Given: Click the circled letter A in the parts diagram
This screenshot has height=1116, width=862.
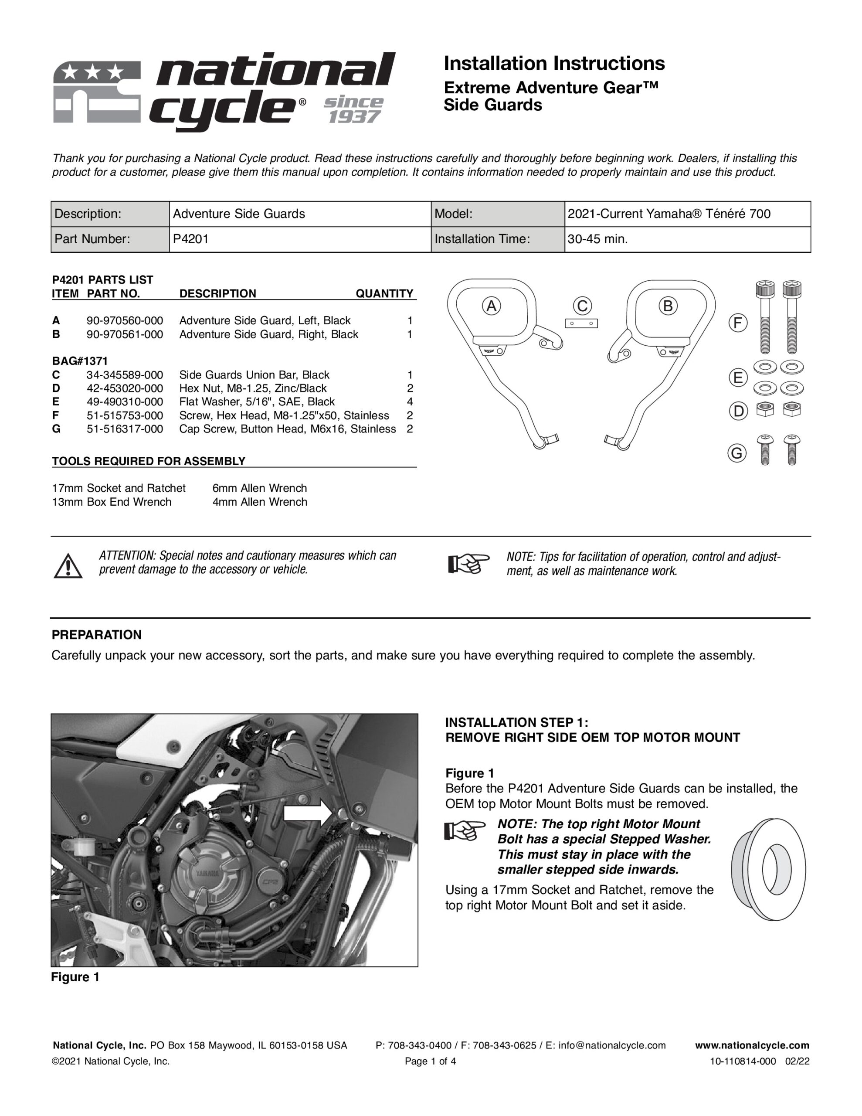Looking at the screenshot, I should [x=491, y=306].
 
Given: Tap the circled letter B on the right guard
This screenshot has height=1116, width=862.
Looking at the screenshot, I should [x=667, y=306].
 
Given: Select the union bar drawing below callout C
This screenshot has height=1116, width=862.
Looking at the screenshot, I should [x=581, y=323].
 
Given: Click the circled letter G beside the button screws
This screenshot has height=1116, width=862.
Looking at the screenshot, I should [x=737, y=453].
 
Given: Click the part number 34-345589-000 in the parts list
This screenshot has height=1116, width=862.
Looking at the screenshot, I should [x=125, y=374].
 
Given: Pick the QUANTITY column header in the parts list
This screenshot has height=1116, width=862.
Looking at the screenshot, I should [x=384, y=293].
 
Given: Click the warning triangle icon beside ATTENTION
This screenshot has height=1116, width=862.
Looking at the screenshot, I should [x=68, y=566].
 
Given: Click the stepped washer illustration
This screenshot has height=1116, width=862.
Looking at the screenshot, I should [x=768, y=870].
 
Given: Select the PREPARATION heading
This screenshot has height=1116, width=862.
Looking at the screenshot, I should [x=97, y=635].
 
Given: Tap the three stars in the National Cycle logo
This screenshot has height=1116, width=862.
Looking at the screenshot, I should [x=94, y=72].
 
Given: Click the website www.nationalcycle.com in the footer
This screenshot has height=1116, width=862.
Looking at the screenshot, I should [x=752, y=1045].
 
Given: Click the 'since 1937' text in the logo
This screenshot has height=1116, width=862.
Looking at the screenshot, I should [x=353, y=109].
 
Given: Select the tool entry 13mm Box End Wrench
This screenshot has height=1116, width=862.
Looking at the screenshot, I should [x=112, y=502].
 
